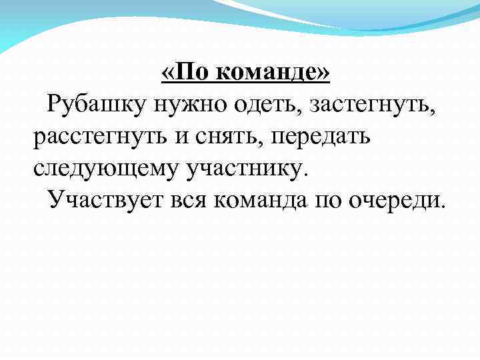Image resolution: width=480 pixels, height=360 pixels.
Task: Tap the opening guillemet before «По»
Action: (168, 72)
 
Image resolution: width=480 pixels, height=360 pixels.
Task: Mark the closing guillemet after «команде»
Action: (324, 72)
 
